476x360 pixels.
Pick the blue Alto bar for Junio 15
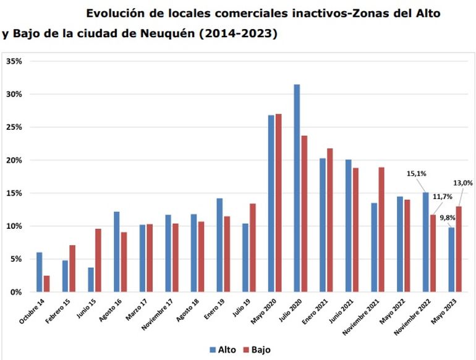point(91,280)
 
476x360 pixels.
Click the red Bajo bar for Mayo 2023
point(458,249)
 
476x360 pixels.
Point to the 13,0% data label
point(463,183)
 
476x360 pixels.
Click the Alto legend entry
point(223,349)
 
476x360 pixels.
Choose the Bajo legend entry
point(257,349)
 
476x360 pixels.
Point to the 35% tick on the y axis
point(14,62)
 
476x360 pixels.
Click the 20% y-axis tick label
point(14,160)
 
